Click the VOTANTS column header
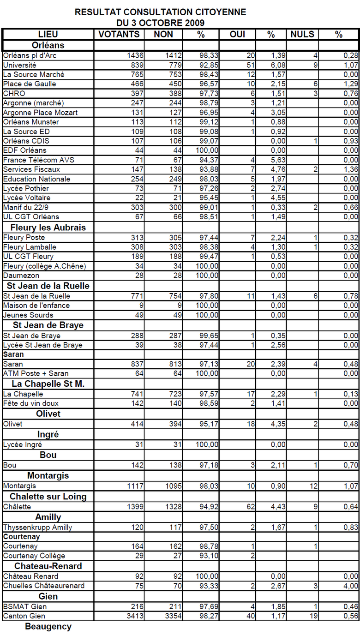point(119,34)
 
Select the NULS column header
point(302,34)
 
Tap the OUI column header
point(237,34)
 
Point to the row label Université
point(19,65)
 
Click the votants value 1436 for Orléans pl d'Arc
point(135,55)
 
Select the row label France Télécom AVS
point(39,160)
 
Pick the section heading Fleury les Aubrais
point(48,228)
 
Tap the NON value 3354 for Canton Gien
point(174,616)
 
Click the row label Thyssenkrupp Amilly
point(37,527)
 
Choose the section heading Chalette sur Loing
point(48,496)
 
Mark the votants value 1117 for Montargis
point(135,486)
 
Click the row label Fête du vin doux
point(30,403)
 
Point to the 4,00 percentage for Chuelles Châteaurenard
point(351,586)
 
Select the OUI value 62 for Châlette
point(251,506)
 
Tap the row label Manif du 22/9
point(26,207)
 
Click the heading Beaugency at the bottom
point(48,627)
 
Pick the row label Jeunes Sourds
point(28,315)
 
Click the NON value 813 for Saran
point(175,364)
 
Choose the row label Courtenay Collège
point(34,556)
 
